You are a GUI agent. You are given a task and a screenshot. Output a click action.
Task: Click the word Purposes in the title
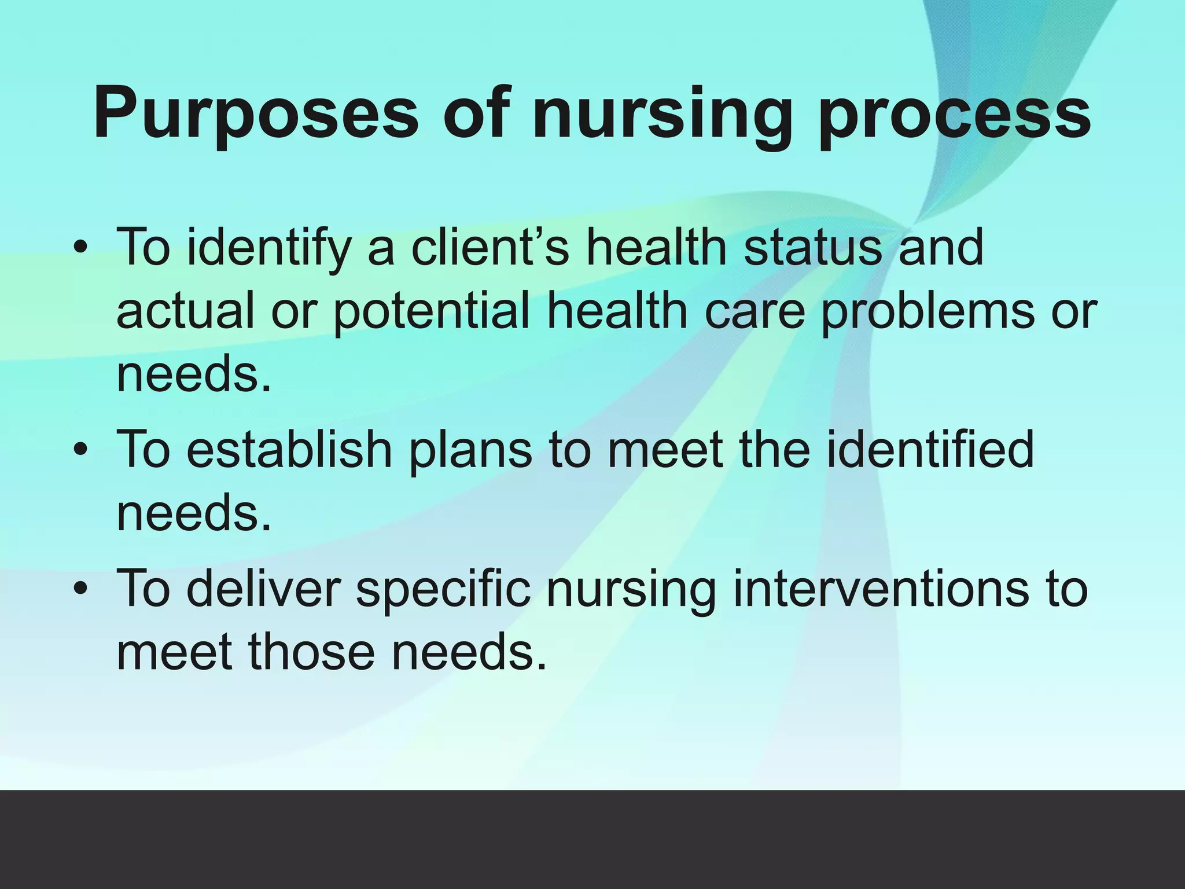point(255,113)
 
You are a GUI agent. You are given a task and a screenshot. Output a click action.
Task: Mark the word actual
point(185,311)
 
